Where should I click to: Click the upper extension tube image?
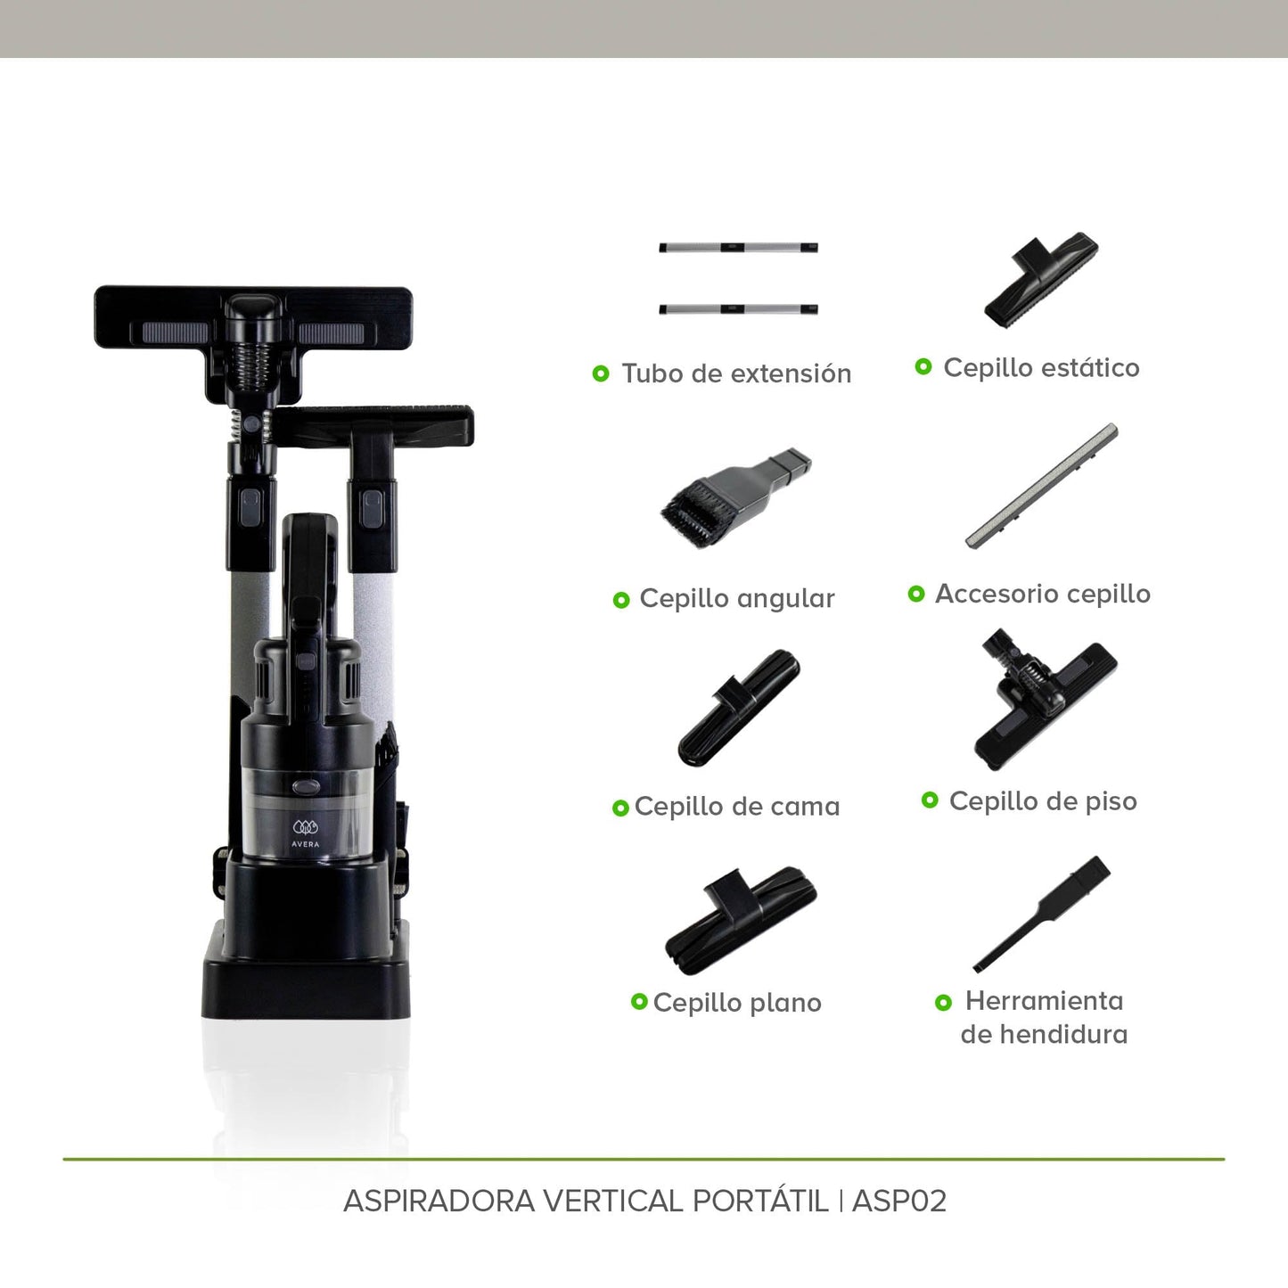pyautogui.click(x=738, y=247)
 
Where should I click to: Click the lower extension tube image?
pyautogui.click(x=738, y=309)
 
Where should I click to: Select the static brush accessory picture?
pyautogui.click(x=1041, y=280)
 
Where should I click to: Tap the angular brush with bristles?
pyautogui.click(x=736, y=496)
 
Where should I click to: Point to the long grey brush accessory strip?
pyautogui.click(x=1041, y=486)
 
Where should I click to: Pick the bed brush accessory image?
pyautogui.click(x=739, y=707)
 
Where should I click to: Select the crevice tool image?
pyautogui.click(x=1041, y=915)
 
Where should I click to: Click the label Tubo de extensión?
pyautogui.click(x=736, y=373)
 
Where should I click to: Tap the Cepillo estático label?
pyautogui.click(x=1041, y=367)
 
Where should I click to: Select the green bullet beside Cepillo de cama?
pyautogui.click(x=620, y=808)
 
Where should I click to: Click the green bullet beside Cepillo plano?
pyautogui.click(x=639, y=1001)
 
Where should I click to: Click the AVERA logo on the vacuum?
pyautogui.click(x=306, y=833)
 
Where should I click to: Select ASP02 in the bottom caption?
pyautogui.click(x=899, y=1201)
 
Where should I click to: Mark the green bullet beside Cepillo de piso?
pyautogui.click(x=930, y=800)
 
